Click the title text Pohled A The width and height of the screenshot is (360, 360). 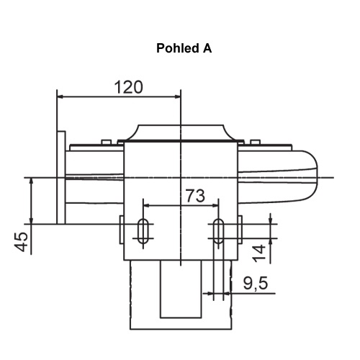pyautogui.click(x=184, y=48)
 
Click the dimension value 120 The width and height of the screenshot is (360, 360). pyautogui.click(x=129, y=87)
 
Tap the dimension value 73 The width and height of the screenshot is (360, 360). pyautogui.click(x=196, y=196)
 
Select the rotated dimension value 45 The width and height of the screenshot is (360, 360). pyautogui.click(x=22, y=242)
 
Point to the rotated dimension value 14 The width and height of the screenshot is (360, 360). pyautogui.click(x=259, y=253)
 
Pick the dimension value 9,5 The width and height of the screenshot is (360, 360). pyautogui.click(x=256, y=283)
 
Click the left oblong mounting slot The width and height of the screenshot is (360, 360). pyautogui.click(x=143, y=231)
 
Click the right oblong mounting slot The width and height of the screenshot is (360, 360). pyautogui.click(x=218, y=231)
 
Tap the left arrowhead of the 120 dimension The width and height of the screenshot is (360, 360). pyautogui.click(x=60, y=96)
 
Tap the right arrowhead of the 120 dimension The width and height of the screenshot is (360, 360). pyautogui.click(x=178, y=96)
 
